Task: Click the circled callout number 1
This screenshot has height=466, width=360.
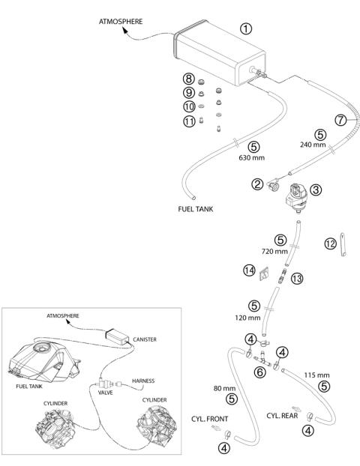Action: click(246, 28)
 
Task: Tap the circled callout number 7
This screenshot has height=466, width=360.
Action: click(340, 120)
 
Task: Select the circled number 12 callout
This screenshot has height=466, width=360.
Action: click(330, 244)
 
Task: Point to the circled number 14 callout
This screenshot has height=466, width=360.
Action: click(249, 270)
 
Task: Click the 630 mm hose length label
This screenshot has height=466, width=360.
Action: click(252, 157)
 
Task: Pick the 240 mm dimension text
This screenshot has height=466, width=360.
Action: click(313, 145)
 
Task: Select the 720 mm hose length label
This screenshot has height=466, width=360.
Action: click(274, 252)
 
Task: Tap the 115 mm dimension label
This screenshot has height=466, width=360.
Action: click(316, 375)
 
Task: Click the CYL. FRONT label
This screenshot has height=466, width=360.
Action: click(209, 419)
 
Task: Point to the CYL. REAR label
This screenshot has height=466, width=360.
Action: click(282, 416)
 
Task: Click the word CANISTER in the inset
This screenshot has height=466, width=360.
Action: click(145, 339)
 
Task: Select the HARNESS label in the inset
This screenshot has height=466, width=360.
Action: click(143, 381)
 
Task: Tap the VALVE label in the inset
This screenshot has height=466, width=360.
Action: click(106, 393)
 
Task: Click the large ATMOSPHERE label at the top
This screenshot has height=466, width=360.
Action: click(121, 22)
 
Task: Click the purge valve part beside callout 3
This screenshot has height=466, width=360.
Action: click(296, 197)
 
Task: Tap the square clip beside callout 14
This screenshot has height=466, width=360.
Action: click(264, 274)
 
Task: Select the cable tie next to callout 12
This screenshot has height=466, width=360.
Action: click(343, 244)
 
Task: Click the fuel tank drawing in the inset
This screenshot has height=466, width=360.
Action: click(43, 361)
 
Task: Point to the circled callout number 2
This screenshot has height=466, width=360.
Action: click(257, 184)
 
